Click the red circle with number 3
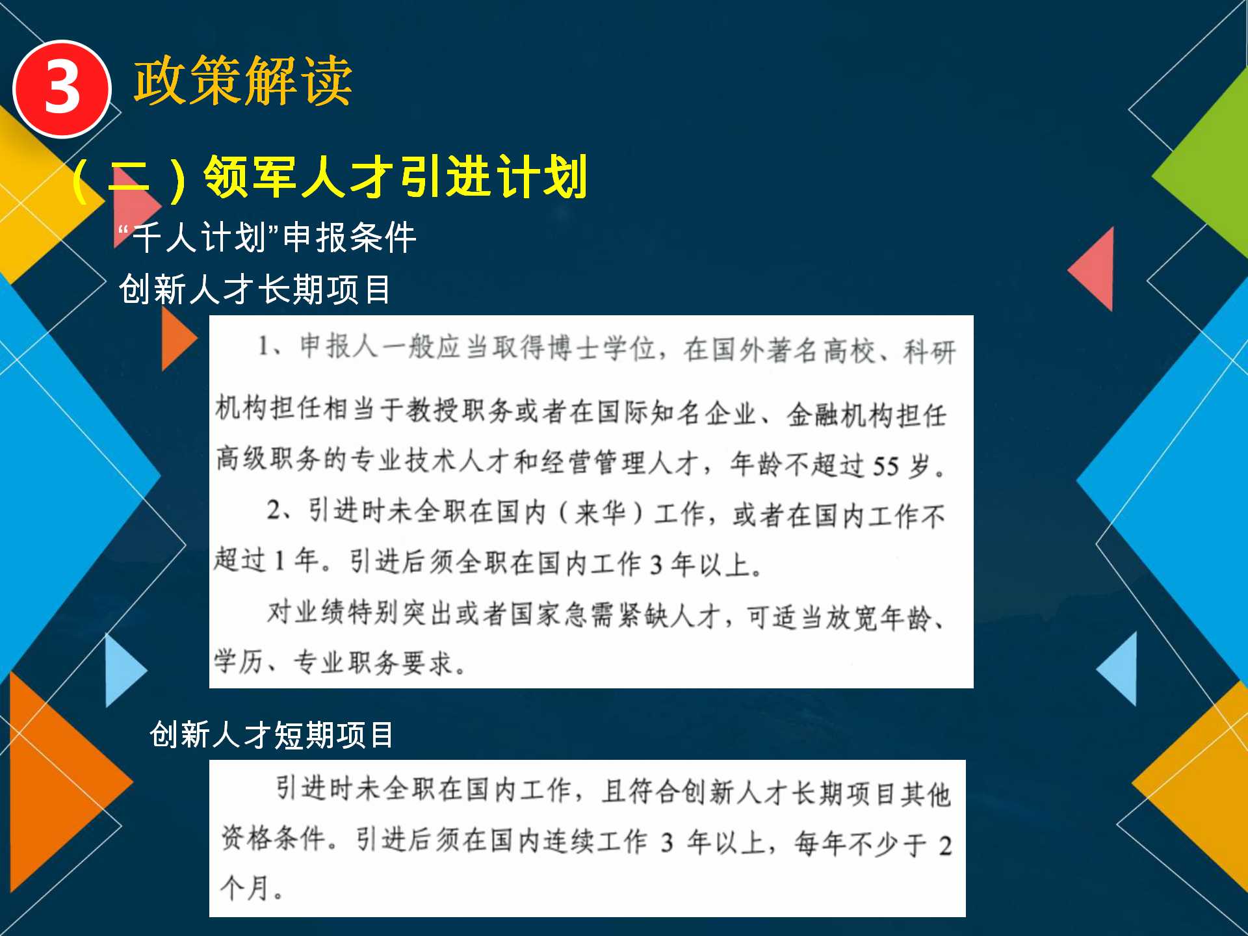pyautogui.click(x=62, y=88)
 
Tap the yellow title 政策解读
pyautogui.click(x=243, y=81)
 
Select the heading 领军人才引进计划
pyautogui.click(x=396, y=176)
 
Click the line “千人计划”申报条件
pyautogui.click(x=267, y=237)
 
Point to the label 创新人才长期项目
pyautogui.click(x=255, y=289)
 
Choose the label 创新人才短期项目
pyautogui.click(x=272, y=735)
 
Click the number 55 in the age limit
pyautogui.click(x=885, y=466)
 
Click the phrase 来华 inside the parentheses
pyautogui.click(x=600, y=513)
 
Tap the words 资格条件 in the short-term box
pyautogui.click(x=274, y=838)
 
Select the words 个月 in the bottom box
pyautogui.click(x=245, y=887)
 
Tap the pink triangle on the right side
pyautogui.click(x=1092, y=269)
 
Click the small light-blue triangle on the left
pyautogui.click(x=125, y=670)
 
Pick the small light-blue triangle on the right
pyautogui.click(x=1117, y=669)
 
